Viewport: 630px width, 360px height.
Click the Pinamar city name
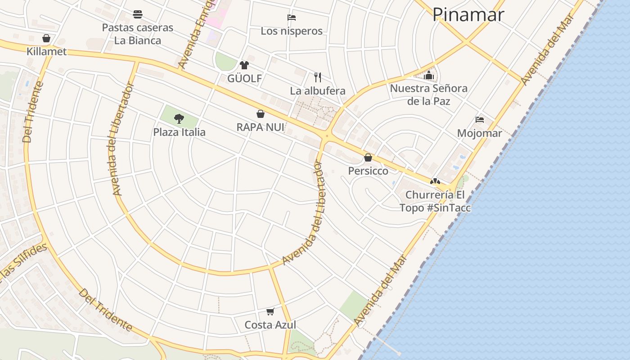(x=468, y=15)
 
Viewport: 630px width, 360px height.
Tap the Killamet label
(x=46, y=51)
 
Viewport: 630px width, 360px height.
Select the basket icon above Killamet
(x=46, y=38)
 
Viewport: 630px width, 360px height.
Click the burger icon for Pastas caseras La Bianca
(x=138, y=14)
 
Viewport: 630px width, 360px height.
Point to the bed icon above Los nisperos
(x=292, y=18)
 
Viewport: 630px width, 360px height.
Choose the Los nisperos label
(x=292, y=31)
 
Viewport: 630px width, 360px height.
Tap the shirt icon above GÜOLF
(x=244, y=65)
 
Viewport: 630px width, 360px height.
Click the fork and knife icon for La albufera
(x=318, y=77)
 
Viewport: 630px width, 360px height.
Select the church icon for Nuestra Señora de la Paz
(x=428, y=75)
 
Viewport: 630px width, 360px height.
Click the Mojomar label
(x=479, y=133)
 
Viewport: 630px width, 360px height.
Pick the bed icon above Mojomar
(x=480, y=120)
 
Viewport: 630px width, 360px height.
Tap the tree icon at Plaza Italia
(x=179, y=119)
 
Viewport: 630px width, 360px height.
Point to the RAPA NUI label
(x=260, y=127)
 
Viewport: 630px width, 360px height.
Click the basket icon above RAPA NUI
(x=260, y=114)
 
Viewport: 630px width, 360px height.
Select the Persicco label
(x=368, y=171)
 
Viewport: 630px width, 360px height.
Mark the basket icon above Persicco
(x=368, y=157)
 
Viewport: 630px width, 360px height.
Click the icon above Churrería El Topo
(x=435, y=181)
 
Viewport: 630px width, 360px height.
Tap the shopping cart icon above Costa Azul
(x=270, y=311)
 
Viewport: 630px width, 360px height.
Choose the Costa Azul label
(x=270, y=325)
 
